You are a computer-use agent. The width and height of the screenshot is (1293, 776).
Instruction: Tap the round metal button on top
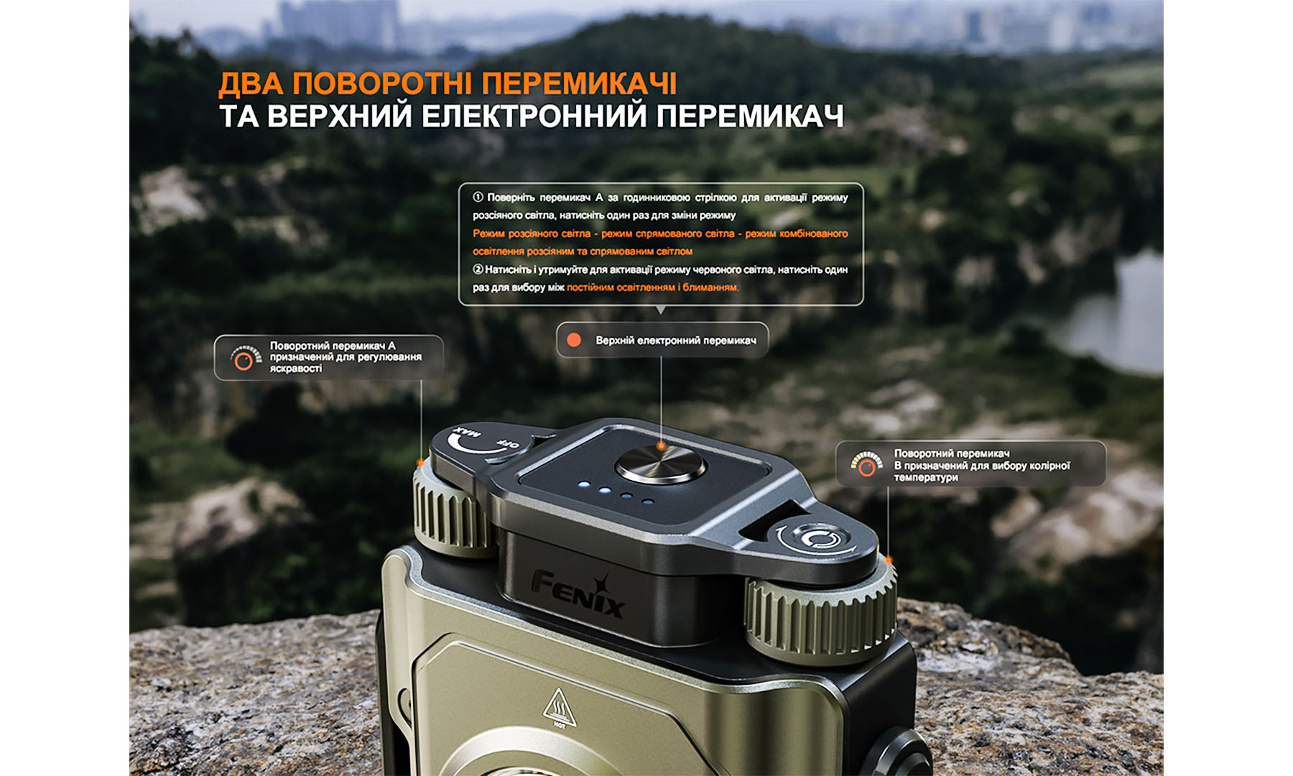tap(660, 464)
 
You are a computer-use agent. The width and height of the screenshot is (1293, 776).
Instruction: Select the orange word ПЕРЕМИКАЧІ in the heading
tap(579, 84)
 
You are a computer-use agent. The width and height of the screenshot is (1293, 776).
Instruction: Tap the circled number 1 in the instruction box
tap(478, 198)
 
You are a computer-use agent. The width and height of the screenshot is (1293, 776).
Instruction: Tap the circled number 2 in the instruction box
tap(478, 269)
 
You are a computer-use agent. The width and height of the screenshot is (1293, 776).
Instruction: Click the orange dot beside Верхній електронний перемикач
tap(574, 340)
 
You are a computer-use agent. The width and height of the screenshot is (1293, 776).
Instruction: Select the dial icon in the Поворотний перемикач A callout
tap(244, 358)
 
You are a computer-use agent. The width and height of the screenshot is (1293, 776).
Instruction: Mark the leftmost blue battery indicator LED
tap(585, 485)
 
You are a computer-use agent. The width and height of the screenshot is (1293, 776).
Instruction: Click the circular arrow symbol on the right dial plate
tap(816, 538)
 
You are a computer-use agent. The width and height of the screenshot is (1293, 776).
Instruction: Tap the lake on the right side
tap(1121, 316)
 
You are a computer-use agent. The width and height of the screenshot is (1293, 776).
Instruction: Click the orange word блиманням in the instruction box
tap(710, 287)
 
